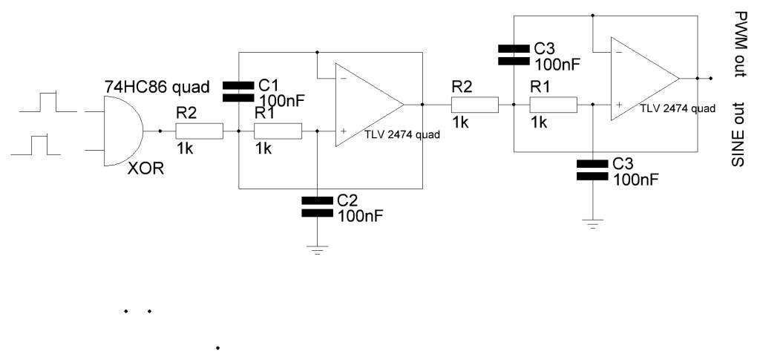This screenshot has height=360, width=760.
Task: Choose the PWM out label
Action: [739, 45]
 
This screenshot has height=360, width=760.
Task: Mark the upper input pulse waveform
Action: [47, 102]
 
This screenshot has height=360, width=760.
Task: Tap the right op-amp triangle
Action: [643, 77]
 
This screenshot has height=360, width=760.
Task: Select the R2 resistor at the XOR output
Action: [199, 132]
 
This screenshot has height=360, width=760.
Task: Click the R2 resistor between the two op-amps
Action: [474, 105]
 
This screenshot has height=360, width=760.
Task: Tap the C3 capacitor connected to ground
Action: [592, 171]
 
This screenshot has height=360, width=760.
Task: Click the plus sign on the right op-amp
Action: [617, 105]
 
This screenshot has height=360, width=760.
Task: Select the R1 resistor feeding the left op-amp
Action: [278, 132]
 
